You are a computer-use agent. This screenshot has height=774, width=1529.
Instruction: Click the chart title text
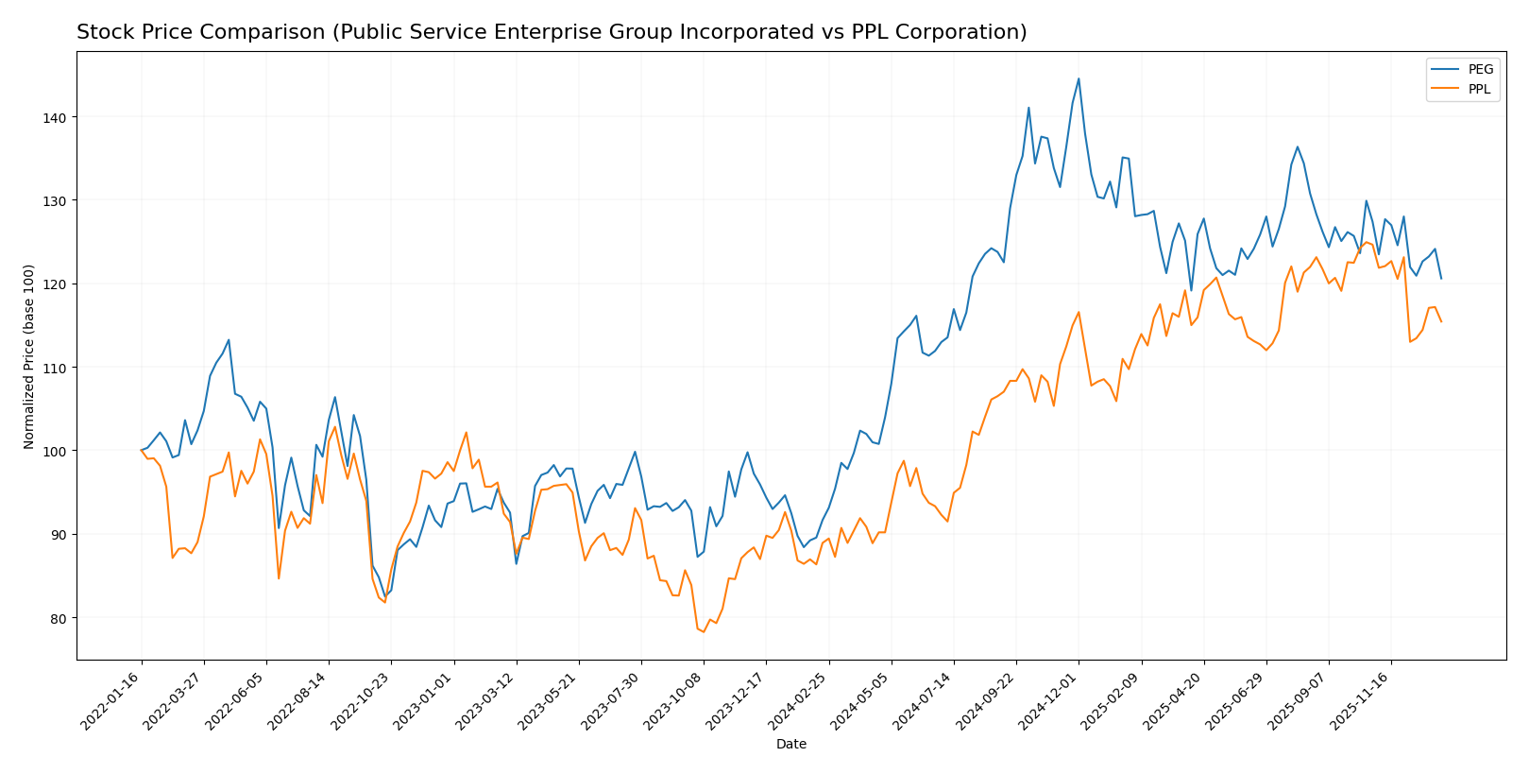pyautogui.click(x=552, y=32)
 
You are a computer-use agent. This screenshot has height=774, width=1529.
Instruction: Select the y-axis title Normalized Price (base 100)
pyautogui.click(x=29, y=356)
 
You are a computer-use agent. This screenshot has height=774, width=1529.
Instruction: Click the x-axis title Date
pyautogui.click(x=790, y=745)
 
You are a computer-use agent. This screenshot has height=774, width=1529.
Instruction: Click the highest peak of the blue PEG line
pyautogui.click(x=1079, y=78)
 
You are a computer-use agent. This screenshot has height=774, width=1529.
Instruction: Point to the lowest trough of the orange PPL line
pyautogui.click(x=704, y=631)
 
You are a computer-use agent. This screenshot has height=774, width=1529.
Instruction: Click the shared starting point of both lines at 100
pyautogui.click(x=142, y=450)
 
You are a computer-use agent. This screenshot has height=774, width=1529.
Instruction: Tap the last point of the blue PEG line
pyautogui.click(x=1441, y=278)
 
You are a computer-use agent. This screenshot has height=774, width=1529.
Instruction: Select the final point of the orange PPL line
pyautogui.click(x=1441, y=321)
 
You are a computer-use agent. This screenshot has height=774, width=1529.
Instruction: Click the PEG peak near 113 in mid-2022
pyautogui.click(x=229, y=340)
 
